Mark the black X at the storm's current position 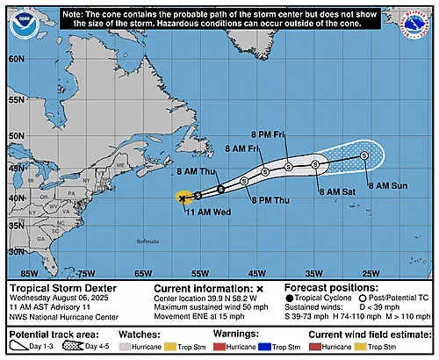(182, 198)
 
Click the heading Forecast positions (328, 287)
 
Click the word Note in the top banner (76, 15)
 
